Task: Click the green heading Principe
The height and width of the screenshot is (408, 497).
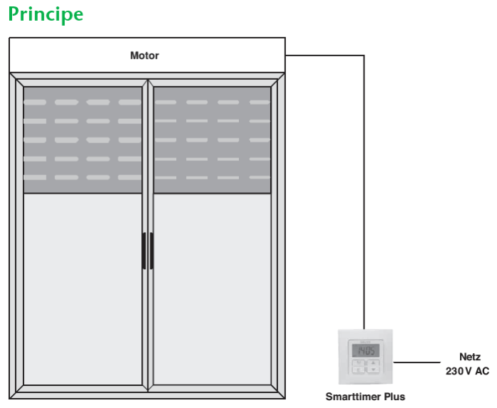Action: coord(46,14)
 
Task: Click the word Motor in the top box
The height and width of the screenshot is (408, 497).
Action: coord(144,56)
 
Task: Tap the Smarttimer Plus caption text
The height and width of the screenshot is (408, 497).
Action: coord(365,397)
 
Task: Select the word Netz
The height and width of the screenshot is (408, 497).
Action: coord(470,357)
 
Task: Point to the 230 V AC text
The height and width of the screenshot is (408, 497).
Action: coord(467,371)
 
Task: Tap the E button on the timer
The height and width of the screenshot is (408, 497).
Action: coord(358,369)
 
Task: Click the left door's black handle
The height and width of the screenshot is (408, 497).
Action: coord(143,251)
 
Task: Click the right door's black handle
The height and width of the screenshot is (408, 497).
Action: coord(151,251)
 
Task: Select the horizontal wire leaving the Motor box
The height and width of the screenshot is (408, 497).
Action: coord(324,56)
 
